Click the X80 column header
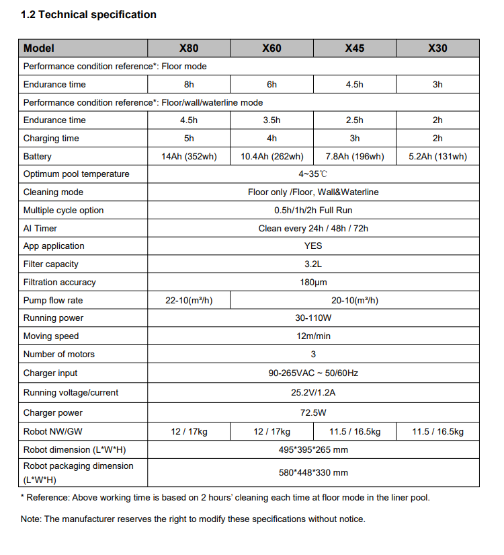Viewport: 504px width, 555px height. (x=189, y=48)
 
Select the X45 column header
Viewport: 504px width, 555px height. (x=354, y=48)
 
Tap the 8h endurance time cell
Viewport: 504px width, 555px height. (x=189, y=85)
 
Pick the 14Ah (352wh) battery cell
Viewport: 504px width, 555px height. (x=189, y=157)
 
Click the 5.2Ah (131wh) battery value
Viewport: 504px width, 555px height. (x=437, y=157)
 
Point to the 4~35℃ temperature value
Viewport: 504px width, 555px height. (x=313, y=174)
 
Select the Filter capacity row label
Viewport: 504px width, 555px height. (x=51, y=264)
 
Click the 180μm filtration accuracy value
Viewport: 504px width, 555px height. (x=313, y=283)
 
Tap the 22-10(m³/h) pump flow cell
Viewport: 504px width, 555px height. (x=189, y=301)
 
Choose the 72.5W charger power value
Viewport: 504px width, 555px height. (x=313, y=413)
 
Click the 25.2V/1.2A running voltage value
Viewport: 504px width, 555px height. (x=313, y=393)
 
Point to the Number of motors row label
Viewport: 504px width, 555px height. (x=59, y=355)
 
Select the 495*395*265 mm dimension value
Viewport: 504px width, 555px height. (x=313, y=450)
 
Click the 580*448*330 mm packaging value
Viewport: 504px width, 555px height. (x=313, y=473)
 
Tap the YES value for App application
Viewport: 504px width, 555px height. (x=313, y=246)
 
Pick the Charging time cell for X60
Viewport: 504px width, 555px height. (x=271, y=139)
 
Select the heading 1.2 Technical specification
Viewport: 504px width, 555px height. (x=89, y=15)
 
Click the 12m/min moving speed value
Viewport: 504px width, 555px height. (x=313, y=336)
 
